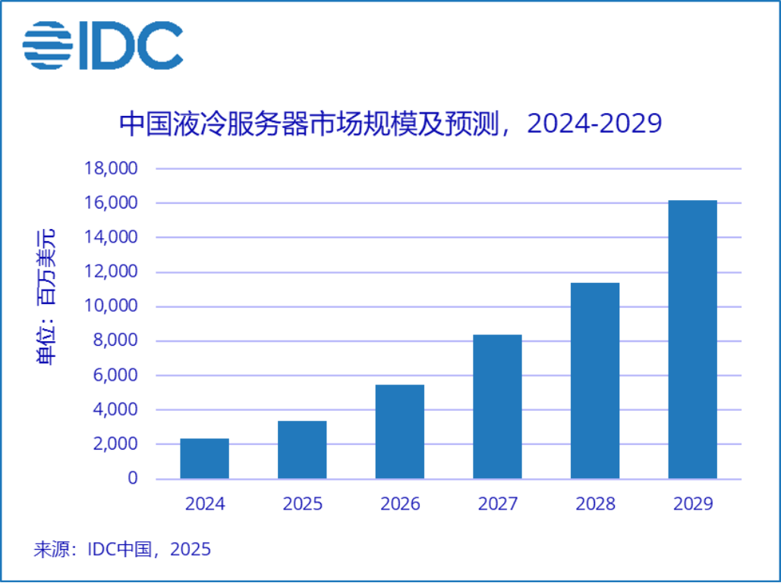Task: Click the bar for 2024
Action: pyautogui.click(x=204, y=459)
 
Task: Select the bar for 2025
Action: pyautogui.click(x=302, y=450)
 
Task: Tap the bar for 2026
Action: pyautogui.click(x=400, y=431)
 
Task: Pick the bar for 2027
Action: pyautogui.click(x=497, y=406)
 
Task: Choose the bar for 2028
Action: pyautogui.click(x=595, y=381)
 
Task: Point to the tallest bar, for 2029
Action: pyautogui.click(x=692, y=340)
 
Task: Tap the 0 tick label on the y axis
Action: pyautogui.click(x=133, y=478)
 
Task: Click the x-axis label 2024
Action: pyautogui.click(x=205, y=504)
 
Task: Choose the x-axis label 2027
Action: pyautogui.click(x=498, y=504)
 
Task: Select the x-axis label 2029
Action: pyautogui.click(x=693, y=504)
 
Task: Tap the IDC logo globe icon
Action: pyautogui.click(x=48, y=45)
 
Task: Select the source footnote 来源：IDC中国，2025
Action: pyautogui.click(x=122, y=549)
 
